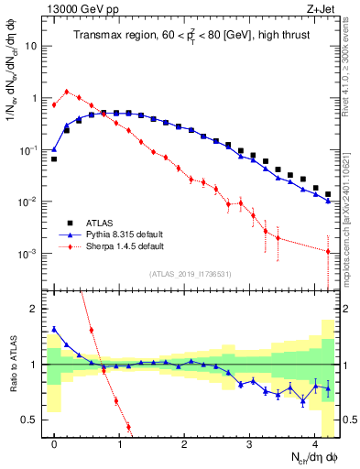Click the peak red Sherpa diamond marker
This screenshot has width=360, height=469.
67,92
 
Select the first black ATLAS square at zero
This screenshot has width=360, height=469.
54,158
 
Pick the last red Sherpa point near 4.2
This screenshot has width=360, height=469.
328,251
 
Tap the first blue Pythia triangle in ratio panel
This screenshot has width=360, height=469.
54,329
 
